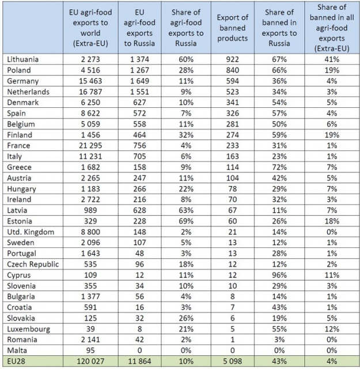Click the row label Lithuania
pyautogui.click(x=24, y=59)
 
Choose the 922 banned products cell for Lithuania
pyautogui.click(x=233, y=59)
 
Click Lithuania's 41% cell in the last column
pyautogui.click(x=331, y=59)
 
